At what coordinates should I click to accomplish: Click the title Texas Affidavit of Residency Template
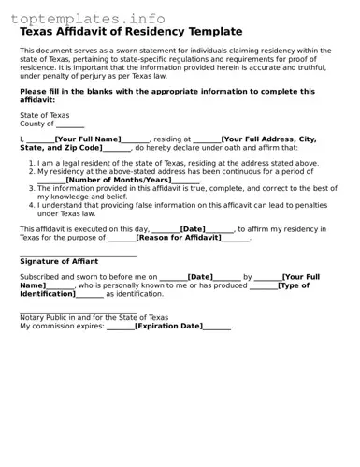131,32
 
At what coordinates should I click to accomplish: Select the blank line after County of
70,124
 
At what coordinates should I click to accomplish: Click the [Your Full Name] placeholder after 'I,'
87,139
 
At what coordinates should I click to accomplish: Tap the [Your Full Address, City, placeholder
269,139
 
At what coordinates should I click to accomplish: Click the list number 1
31,163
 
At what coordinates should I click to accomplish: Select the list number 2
31,171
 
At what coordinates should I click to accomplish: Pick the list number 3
31,188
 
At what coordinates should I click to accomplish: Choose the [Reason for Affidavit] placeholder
179,238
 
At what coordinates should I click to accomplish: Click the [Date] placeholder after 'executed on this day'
193,228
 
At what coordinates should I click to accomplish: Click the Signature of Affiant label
59,263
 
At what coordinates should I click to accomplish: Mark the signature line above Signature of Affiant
78,255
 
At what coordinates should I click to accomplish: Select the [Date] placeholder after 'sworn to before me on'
200,277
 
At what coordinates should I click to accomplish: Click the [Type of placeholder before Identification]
293,285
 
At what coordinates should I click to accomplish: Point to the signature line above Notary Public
78,312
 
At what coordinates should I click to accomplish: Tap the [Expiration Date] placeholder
168,326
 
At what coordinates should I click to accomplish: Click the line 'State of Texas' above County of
44,115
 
